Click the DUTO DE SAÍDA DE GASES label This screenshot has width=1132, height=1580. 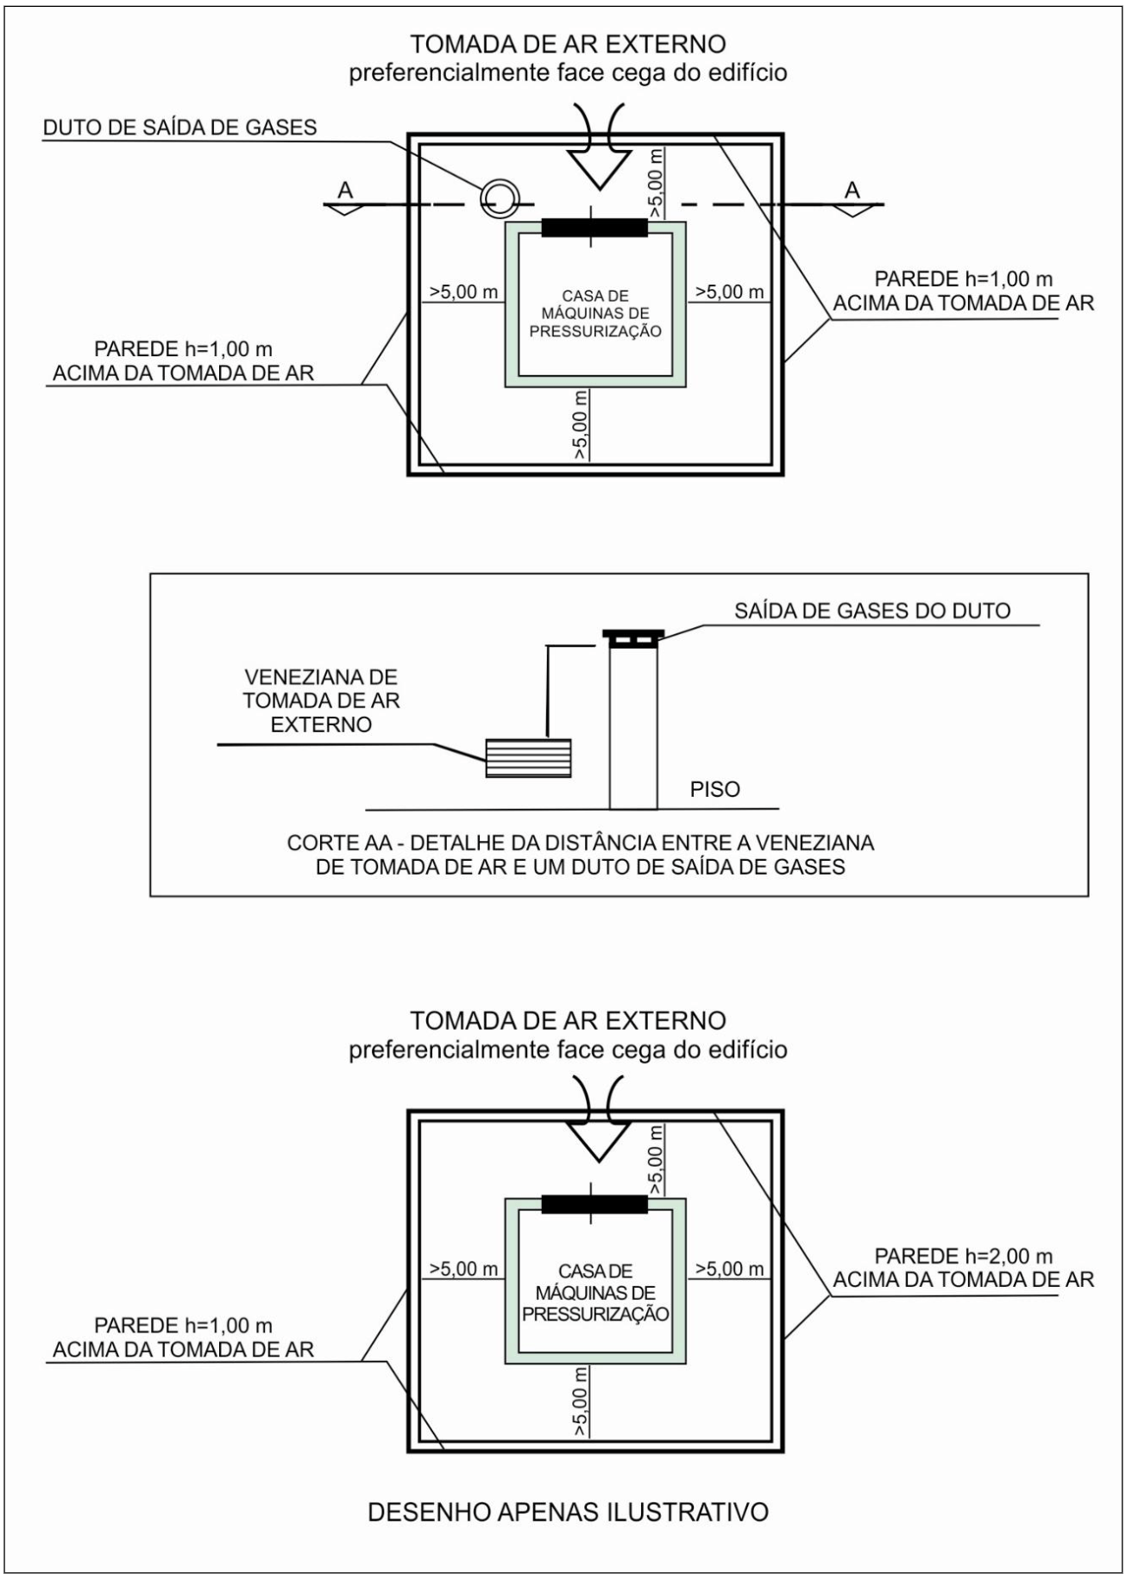[179, 128]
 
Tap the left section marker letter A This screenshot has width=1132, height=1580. [345, 191]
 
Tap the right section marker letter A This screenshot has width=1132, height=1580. [852, 191]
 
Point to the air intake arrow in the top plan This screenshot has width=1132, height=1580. [600, 164]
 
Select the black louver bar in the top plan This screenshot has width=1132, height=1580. [594, 228]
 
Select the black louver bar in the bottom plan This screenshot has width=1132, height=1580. [594, 1204]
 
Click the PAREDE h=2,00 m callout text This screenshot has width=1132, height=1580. [963, 1268]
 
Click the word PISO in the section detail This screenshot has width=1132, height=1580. [714, 789]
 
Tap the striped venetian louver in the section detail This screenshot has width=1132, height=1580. [528, 758]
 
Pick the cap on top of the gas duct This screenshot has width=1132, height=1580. [633, 638]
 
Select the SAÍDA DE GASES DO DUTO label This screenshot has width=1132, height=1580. [872, 611]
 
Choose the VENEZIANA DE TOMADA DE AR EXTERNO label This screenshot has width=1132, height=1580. [321, 700]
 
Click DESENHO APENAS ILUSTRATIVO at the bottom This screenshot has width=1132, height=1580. [568, 1512]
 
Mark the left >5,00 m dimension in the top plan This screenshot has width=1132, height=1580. [463, 292]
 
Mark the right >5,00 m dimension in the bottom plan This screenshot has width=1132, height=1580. [729, 1269]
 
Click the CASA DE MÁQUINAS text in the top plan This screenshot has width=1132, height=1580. [594, 313]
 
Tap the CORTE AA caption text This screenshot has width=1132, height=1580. [580, 854]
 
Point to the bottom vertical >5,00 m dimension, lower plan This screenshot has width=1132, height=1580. [582, 1401]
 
